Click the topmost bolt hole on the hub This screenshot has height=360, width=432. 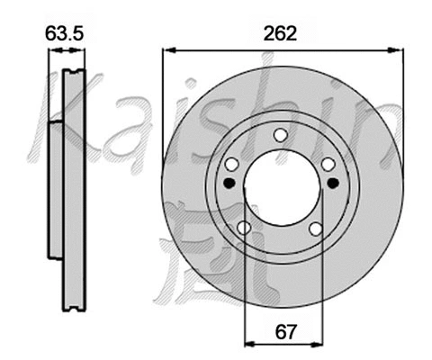(280, 135)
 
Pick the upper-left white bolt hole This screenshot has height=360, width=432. (231, 164)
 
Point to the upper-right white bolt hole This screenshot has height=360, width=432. (328, 164)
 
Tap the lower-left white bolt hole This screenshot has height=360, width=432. (244, 228)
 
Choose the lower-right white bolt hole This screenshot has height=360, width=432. (315, 228)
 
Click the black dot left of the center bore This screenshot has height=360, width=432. (228, 183)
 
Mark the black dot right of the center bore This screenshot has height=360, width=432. (333, 183)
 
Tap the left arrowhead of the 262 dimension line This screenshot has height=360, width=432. (168, 50)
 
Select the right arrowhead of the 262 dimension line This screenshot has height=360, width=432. (392, 50)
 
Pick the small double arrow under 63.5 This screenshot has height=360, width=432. (66, 52)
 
